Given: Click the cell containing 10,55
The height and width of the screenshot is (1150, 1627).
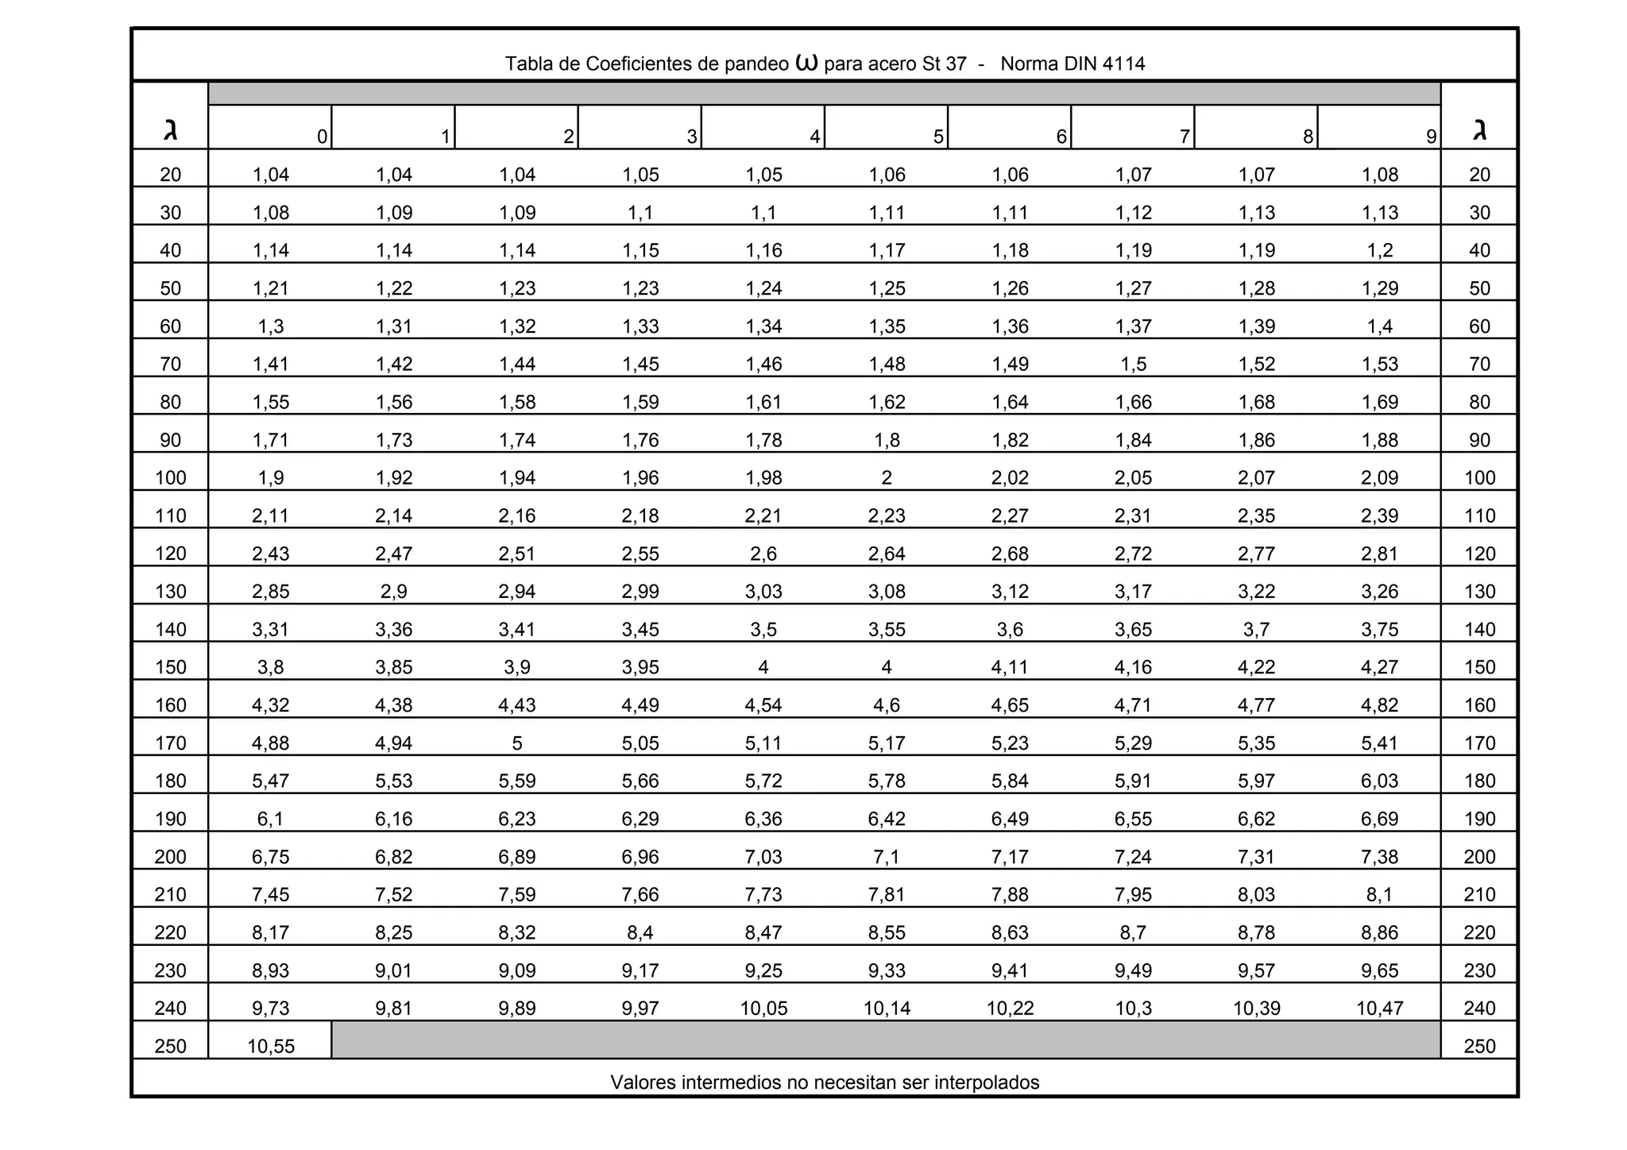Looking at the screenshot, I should pos(270,1046).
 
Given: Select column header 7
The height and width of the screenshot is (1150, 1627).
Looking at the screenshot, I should pos(1184,137).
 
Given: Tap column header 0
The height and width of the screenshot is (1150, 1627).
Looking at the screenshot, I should pos(322,137).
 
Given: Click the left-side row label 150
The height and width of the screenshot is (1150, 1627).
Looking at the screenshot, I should pos(170,667).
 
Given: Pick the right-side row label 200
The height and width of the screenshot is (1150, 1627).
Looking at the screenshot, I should pos(1479,857).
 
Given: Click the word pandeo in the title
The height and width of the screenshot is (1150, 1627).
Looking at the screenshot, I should pos(756,64).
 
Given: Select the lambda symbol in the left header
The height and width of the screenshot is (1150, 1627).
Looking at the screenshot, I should pos(170,129).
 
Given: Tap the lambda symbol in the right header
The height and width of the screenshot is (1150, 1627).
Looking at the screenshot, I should pos(1479,129).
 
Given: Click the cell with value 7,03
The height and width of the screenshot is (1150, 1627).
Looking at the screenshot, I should pos(763,857).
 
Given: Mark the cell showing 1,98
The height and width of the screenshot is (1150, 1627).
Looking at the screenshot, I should pos(763,478).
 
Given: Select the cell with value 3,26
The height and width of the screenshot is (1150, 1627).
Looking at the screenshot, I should pos(1379,592).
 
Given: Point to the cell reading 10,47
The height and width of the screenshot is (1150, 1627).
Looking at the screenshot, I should pos(1379,1009).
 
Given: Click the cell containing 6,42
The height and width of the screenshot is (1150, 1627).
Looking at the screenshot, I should pos(887,819).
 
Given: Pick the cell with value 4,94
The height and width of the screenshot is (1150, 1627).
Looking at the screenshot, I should pos(394,743).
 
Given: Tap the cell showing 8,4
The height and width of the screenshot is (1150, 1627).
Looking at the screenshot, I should pos(640,932).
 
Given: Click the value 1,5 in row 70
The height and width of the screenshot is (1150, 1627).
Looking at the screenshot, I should pos(1133,365).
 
